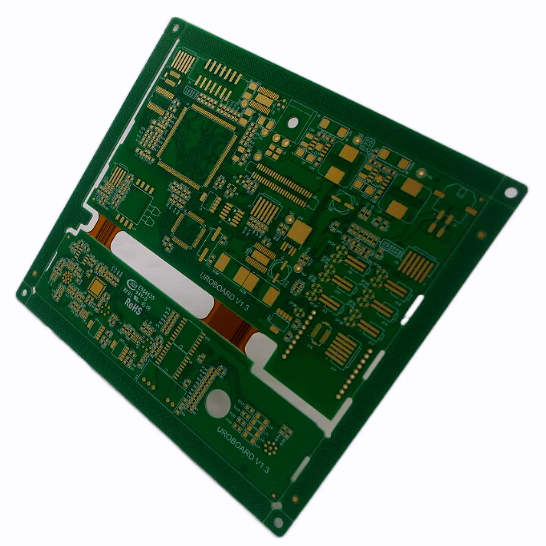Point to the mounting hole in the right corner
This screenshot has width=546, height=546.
(511, 192)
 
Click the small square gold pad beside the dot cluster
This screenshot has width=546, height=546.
(96, 288)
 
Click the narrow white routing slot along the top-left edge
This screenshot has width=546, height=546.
(131, 117)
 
